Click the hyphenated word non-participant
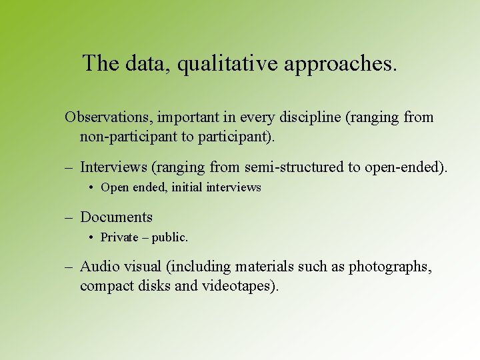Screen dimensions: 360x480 tap(125, 137)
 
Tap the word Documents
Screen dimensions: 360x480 tap(116, 217)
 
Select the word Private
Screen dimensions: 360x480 tap(119, 237)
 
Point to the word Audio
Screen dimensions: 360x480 tap(98, 267)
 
